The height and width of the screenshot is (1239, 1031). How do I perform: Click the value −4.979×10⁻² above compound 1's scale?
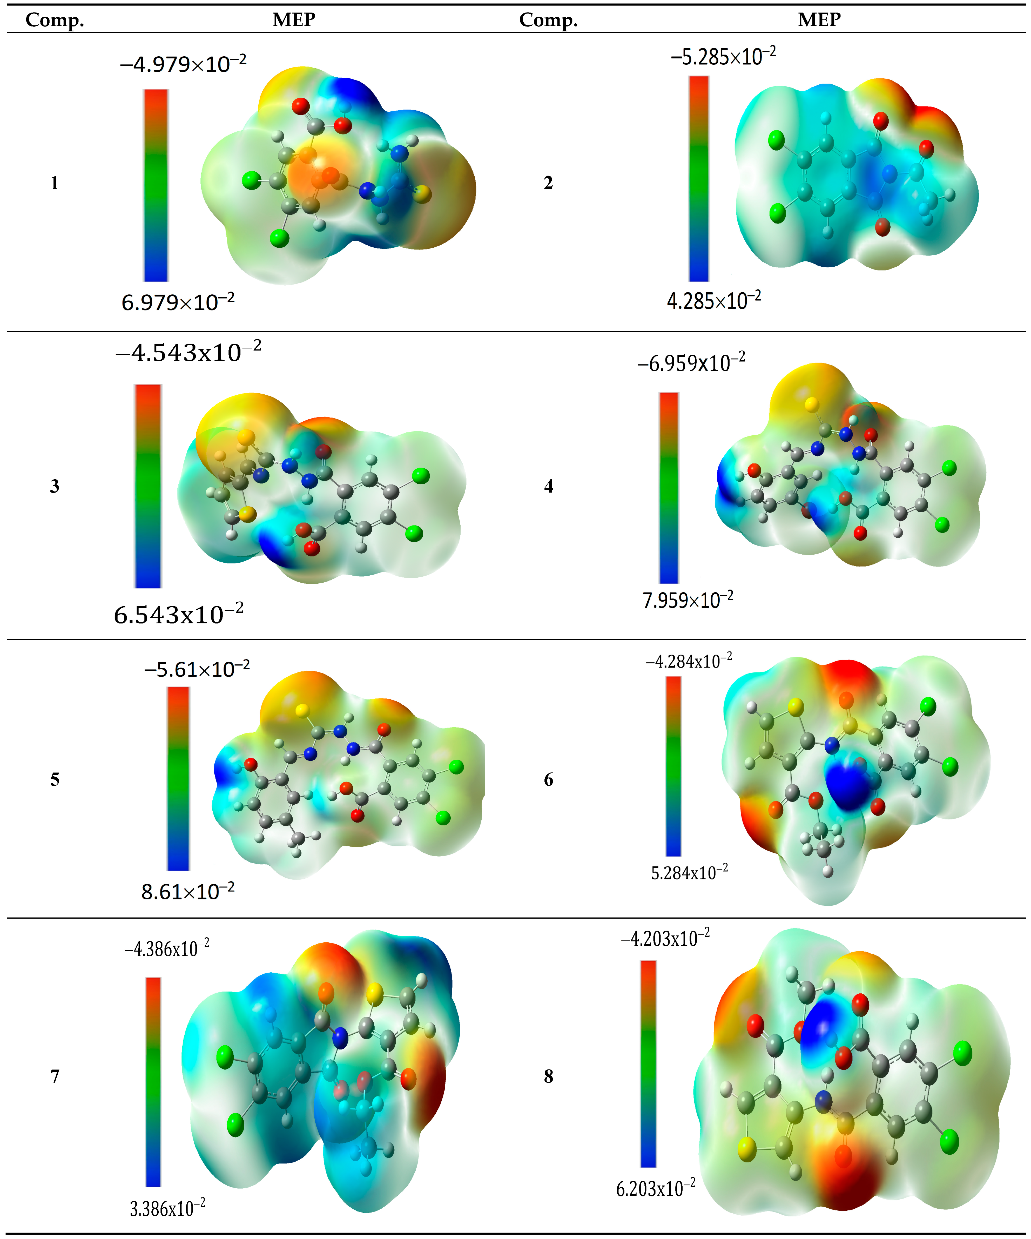point(183,64)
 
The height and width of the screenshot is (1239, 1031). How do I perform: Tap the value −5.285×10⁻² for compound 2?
point(723,57)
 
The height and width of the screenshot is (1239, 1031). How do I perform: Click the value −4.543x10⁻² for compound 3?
point(188,352)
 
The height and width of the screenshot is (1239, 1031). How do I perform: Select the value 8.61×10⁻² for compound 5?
point(187,891)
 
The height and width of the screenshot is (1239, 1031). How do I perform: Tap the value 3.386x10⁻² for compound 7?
point(167,1209)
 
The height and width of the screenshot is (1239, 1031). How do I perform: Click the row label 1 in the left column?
point(54,183)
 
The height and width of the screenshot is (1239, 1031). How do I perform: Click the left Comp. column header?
point(55,20)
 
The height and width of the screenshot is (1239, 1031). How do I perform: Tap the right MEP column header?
point(819,19)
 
